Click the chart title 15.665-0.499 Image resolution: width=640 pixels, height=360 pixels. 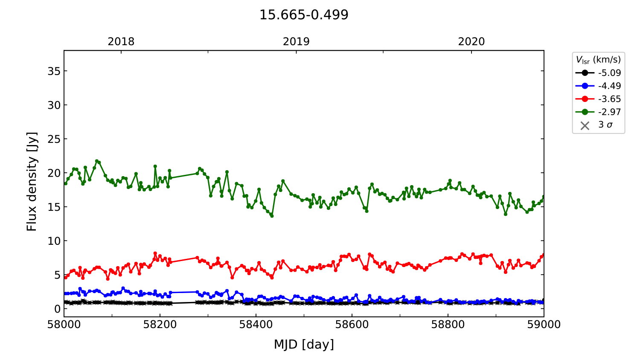[304, 15]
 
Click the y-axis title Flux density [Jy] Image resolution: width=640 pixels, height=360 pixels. [32, 181]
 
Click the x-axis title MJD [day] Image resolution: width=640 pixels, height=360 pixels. [304, 344]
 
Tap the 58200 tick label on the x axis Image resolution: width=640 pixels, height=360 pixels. [160, 325]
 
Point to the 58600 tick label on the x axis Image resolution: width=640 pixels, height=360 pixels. [352, 325]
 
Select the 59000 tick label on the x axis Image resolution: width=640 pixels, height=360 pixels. [544, 325]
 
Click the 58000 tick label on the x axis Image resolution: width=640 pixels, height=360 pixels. [64, 325]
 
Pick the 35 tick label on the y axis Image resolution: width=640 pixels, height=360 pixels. [54, 71]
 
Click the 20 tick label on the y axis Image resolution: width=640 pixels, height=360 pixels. [54, 173]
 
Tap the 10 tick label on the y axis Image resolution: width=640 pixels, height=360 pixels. [54, 241]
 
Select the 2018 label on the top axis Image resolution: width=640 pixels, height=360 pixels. [121, 42]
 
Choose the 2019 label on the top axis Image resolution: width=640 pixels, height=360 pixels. [296, 42]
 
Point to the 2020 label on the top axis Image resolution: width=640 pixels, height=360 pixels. [471, 42]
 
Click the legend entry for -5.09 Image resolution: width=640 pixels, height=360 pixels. [609, 73]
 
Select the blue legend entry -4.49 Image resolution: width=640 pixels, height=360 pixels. [609, 86]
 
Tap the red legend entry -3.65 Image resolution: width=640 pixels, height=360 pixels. [609, 99]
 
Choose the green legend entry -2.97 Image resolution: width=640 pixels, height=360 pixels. [609, 112]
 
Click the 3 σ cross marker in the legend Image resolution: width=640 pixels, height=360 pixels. [585, 125]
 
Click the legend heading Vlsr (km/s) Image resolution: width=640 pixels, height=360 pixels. [598, 60]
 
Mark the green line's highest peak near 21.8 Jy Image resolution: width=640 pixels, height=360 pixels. [97, 161]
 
